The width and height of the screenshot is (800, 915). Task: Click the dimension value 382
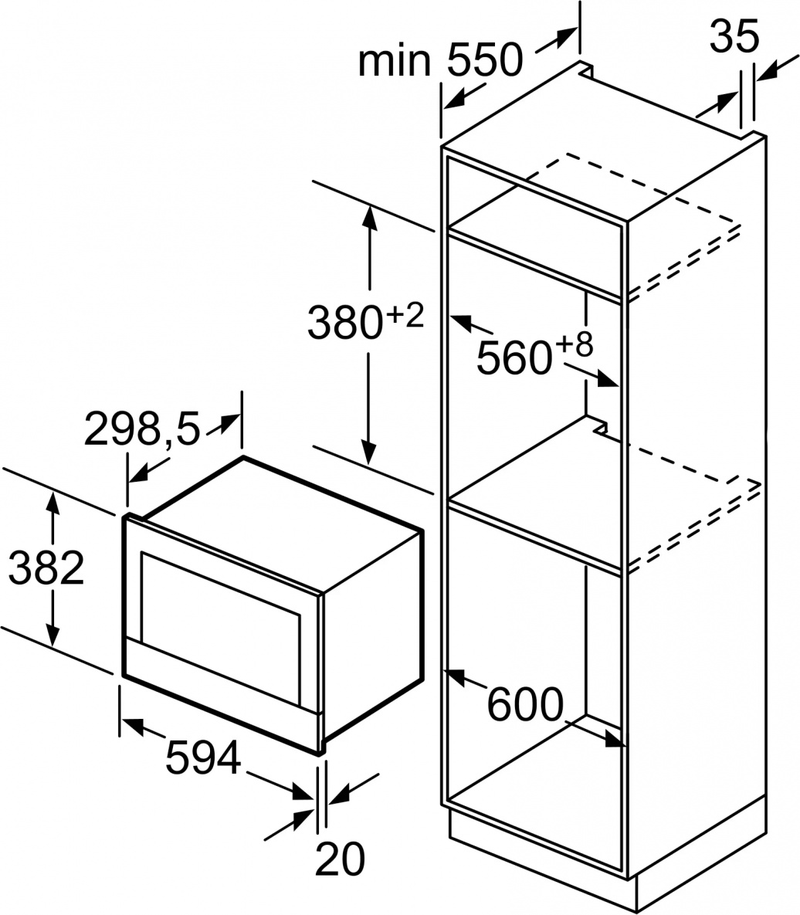[46, 568]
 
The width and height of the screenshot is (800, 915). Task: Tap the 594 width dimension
[203, 757]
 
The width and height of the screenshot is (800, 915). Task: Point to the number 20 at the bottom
[341, 859]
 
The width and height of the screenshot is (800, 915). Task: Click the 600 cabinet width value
[525, 704]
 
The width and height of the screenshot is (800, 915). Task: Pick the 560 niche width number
[514, 358]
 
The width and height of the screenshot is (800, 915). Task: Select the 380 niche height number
[345, 323]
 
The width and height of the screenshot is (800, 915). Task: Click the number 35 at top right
[734, 36]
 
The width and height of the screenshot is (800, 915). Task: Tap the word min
[395, 59]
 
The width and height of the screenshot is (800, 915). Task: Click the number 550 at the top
[486, 59]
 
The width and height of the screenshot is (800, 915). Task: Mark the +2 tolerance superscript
[405, 316]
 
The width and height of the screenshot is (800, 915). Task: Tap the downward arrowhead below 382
[53, 635]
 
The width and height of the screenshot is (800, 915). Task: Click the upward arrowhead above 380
[369, 217]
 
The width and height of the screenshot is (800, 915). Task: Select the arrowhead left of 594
[133, 725]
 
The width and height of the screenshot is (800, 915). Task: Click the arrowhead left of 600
[455, 676]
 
